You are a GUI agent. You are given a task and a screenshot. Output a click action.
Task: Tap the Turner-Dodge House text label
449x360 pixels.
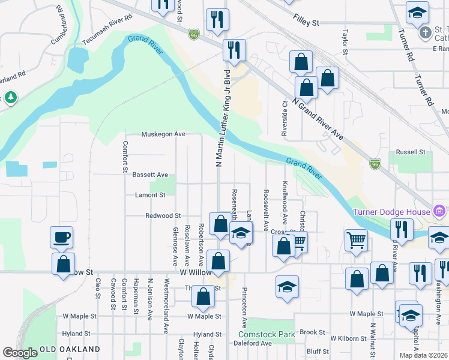coord(391,211)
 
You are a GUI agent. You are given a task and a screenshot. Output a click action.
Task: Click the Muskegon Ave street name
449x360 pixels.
coord(163,134)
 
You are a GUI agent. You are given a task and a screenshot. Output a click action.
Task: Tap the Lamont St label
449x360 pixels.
coord(150,195)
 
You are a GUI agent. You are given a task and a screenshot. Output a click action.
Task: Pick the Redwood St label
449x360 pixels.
coord(163,215)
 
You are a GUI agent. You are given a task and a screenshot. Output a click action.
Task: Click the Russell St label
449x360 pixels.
coord(410,152)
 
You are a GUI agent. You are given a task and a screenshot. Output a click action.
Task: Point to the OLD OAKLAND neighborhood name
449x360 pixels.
coord(70,349)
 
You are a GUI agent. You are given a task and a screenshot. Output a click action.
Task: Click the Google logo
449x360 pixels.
coord(20,353)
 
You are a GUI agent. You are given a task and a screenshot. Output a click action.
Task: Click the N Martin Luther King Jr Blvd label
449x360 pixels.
coord(222,120)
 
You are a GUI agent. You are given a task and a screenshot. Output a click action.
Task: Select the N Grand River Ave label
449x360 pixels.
coord(318,119)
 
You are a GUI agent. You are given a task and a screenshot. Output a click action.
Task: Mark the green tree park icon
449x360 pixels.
coord(10,97)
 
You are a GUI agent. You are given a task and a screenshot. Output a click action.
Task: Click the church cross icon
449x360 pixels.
coord(425,31)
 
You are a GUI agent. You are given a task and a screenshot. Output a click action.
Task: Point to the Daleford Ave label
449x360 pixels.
coord(253,343)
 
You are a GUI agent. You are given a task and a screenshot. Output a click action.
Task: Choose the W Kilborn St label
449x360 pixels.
coord(348,339)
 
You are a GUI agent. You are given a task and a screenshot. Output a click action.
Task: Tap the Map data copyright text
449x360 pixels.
coord(423,355)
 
